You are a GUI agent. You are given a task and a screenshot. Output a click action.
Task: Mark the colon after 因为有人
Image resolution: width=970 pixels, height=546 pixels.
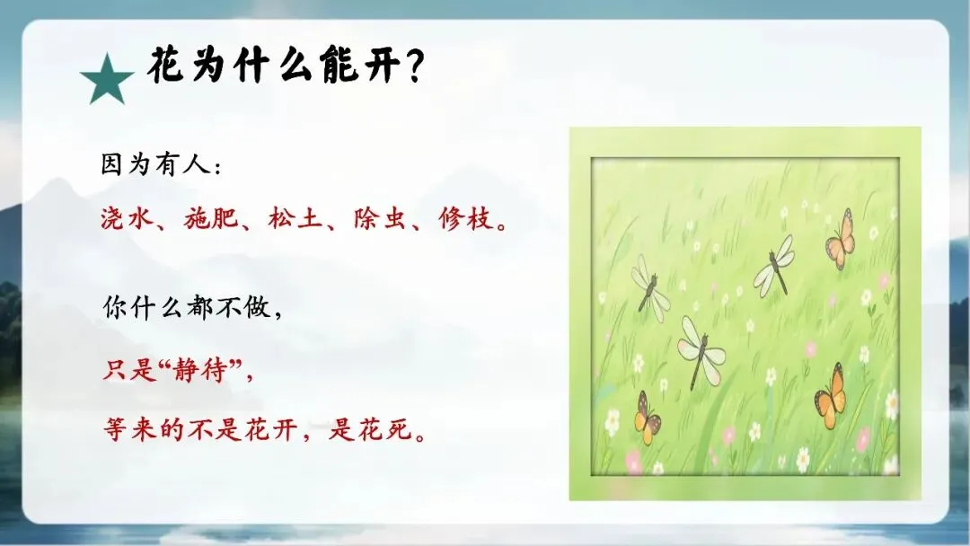point(217,168)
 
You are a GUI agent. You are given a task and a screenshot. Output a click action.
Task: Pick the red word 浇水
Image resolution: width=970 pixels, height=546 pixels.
point(128,219)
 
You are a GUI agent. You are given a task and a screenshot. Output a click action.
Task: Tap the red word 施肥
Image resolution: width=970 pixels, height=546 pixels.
point(211,219)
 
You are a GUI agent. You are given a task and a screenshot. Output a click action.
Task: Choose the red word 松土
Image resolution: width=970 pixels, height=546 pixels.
point(295,219)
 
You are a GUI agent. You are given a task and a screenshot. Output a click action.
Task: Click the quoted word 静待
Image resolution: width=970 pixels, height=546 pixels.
point(199,370)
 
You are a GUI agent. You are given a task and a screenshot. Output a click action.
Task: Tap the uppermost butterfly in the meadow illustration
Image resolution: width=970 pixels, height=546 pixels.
point(842,239)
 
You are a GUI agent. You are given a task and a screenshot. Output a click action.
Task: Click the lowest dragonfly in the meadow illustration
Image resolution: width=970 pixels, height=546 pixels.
point(701,351)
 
